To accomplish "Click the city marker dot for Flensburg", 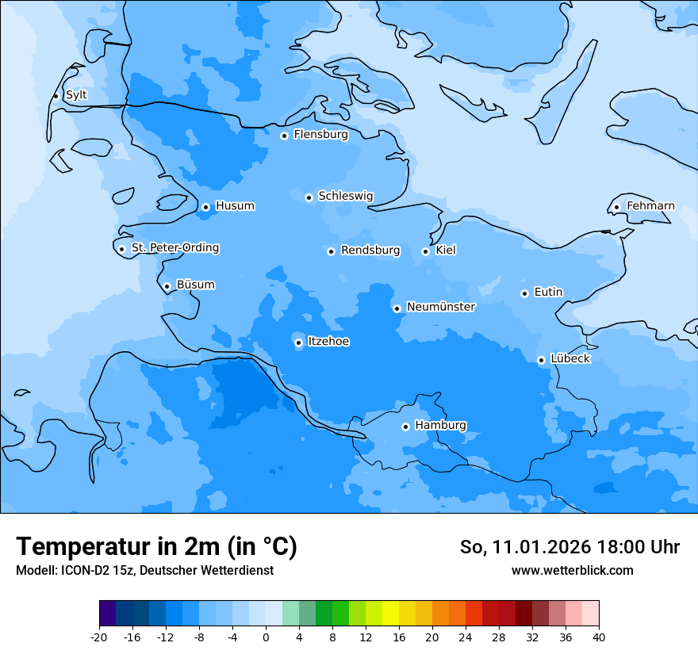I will coord(284,136).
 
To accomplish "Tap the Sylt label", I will coord(76,95).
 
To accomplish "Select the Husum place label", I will coord(235,206).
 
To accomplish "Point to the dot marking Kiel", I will coord(425,251).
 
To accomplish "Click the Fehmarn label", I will coord(650,206).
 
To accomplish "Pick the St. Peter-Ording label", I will coord(175,248).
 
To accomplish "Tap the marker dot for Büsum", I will coord(167,286).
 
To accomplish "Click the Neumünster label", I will coord(441,307).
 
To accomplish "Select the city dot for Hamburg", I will coord(405,427).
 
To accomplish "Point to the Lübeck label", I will coord(570,358).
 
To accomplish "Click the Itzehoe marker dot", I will coord(298,343).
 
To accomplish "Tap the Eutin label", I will coord(548,292).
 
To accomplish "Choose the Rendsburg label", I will coord(370,251).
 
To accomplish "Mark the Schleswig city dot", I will coord(309,197).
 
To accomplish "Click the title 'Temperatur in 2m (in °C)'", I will coord(156,547).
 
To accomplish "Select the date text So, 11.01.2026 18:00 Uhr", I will coord(570,547).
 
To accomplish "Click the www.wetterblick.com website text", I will coord(572,570).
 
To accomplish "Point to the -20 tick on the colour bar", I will coord(99,637).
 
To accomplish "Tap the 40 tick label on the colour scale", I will coord(599,637).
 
